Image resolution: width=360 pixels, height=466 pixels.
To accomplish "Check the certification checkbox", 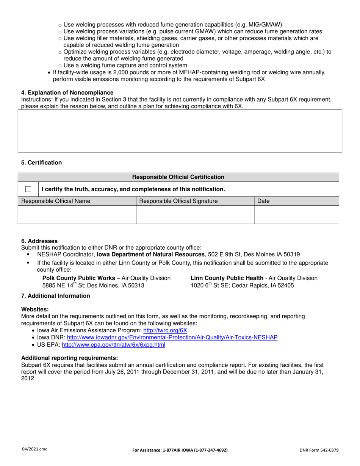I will coord(28,189).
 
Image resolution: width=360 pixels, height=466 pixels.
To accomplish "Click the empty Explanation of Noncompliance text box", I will coord(180,131).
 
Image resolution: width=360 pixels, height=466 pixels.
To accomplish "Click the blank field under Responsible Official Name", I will coord(77,215).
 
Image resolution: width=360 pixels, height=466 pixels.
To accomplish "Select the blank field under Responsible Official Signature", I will coord(195,215).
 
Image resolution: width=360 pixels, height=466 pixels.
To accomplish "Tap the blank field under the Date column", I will coord(296,215).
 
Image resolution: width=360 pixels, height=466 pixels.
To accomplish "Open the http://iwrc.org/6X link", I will coord(165,330).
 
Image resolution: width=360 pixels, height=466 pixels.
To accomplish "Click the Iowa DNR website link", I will coord(172,337).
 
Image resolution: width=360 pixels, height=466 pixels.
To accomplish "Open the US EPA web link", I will coord(113,345).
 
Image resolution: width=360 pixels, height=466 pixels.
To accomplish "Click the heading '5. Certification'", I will coord(41,163).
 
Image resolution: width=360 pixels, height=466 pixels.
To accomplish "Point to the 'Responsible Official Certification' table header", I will coord(178,177).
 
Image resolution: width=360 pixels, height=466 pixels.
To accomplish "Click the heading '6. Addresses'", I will coord(39,241).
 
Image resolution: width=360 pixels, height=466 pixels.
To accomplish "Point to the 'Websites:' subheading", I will coord(35,310).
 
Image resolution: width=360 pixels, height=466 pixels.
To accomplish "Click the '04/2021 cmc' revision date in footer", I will coord(34,449).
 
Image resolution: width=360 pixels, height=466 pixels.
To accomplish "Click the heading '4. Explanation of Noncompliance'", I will coord(67,92).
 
